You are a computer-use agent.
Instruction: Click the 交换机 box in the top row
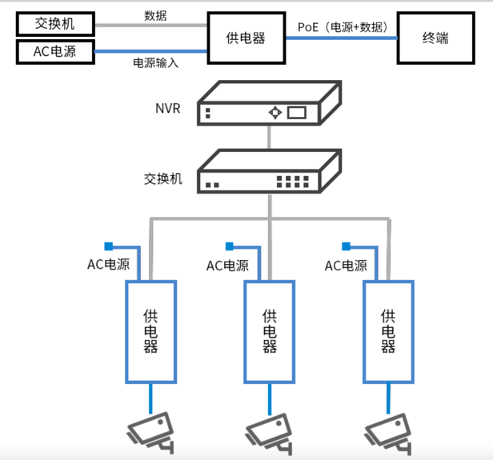coord(55,23)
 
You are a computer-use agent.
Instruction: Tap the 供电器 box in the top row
coord(246,38)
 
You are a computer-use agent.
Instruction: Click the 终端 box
coord(435,38)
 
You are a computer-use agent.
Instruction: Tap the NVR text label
coord(168,108)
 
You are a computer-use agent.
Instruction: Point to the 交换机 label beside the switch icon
coord(162,178)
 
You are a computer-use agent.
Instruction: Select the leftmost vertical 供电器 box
coord(150,331)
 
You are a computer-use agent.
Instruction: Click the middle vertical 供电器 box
coord(270,331)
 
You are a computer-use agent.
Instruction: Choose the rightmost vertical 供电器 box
coord(388,331)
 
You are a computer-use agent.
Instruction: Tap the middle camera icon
coord(270,430)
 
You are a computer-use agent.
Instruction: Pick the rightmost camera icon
coord(388,430)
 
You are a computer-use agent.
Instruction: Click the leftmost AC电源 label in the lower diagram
coord(108,264)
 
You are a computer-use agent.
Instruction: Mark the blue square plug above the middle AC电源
coord(229,246)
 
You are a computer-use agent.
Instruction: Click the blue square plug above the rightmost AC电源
coord(347,246)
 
